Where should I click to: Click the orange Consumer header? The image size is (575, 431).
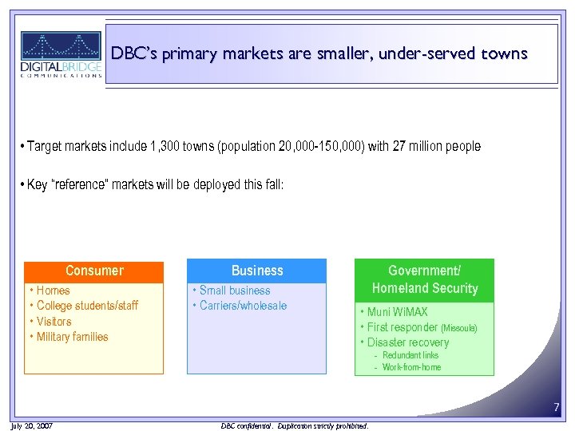(x=94, y=271)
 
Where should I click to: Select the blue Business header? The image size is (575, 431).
(x=256, y=271)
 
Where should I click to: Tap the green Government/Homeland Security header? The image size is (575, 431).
(x=424, y=279)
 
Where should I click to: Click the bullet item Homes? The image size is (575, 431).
(x=53, y=291)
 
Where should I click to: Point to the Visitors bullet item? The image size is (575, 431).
(x=54, y=322)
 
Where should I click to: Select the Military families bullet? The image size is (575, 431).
(x=72, y=337)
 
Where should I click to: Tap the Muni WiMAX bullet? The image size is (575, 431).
(x=397, y=312)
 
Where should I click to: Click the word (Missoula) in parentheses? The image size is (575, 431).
(x=459, y=328)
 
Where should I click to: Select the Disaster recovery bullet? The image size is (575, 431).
(x=407, y=342)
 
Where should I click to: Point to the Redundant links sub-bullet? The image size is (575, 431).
(x=410, y=355)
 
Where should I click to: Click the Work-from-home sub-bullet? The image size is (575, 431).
(x=411, y=367)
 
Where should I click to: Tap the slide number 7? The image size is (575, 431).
(x=557, y=409)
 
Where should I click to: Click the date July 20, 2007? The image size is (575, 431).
(x=33, y=426)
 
